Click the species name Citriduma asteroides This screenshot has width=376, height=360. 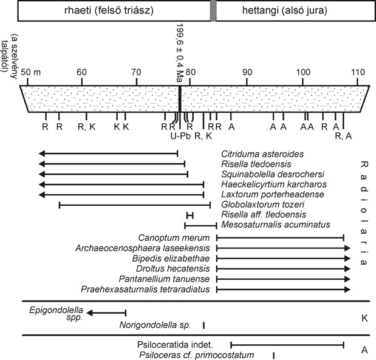pyautogui.click(x=262, y=154)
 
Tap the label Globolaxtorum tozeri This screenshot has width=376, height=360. pyautogui.click(x=262, y=205)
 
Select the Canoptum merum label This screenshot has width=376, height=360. pyautogui.click(x=174, y=238)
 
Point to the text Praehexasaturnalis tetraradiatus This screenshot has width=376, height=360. pyautogui.click(x=145, y=290)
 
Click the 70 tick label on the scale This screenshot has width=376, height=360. pyautogui.click(x=137, y=72)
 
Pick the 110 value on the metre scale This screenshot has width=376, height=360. pyautogui.click(x=358, y=72)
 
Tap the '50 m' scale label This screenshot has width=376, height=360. pyautogui.click(x=31, y=72)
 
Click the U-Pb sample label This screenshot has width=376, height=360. pyautogui.click(x=180, y=136)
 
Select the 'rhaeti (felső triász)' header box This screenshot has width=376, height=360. pyautogui.click(x=114, y=10)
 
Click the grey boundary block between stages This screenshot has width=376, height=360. pyautogui.click(x=213, y=10)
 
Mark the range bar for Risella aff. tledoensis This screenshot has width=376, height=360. pyautogui.click(x=190, y=216)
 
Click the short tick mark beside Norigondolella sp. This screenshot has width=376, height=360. pyautogui.click(x=203, y=325)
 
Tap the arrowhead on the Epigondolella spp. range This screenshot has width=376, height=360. pyautogui.click(x=89, y=313)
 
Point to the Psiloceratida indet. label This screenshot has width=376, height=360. pyautogui.click(x=175, y=345)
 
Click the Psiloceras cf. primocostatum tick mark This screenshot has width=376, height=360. pyautogui.click(x=273, y=355)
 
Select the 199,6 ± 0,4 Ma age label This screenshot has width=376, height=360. pyautogui.click(x=180, y=53)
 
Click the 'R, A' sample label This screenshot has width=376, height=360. pyautogui.click(x=343, y=136)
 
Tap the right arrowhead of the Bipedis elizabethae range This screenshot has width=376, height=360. pyautogui.click(x=347, y=259)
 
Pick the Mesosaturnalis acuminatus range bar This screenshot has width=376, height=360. pyautogui.click(x=200, y=226)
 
